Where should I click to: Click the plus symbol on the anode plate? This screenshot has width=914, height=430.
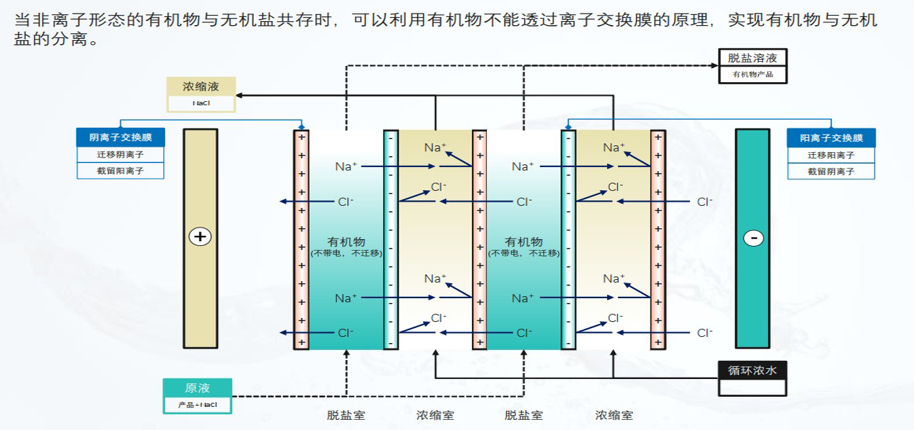(x=200, y=236)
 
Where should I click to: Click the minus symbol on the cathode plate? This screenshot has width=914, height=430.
(x=753, y=238)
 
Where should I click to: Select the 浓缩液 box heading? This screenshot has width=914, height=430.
(x=201, y=87)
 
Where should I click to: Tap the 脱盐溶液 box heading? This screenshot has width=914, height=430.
(x=752, y=58)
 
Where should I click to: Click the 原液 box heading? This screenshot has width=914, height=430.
(x=197, y=388)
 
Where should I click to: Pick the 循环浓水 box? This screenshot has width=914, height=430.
(x=752, y=371)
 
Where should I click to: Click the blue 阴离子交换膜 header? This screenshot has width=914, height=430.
(x=120, y=138)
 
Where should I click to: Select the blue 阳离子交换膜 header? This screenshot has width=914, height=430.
(x=831, y=138)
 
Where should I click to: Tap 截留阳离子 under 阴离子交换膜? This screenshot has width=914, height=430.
(x=120, y=171)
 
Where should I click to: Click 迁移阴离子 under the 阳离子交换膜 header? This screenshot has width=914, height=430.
(x=831, y=155)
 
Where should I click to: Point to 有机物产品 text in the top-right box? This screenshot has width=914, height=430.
(x=752, y=75)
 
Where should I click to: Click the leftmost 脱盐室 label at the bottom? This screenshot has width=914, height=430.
(x=346, y=415)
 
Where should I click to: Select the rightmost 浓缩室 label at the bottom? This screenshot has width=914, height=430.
(x=614, y=415)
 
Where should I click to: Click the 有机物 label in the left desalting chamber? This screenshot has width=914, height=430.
(x=346, y=242)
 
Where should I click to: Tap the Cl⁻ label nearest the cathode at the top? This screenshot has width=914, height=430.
(x=705, y=202)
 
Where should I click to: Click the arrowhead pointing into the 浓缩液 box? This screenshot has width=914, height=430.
(x=240, y=95)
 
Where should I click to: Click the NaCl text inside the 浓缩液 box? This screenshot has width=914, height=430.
(x=201, y=103)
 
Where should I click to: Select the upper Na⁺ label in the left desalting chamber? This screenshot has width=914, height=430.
(x=346, y=166)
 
